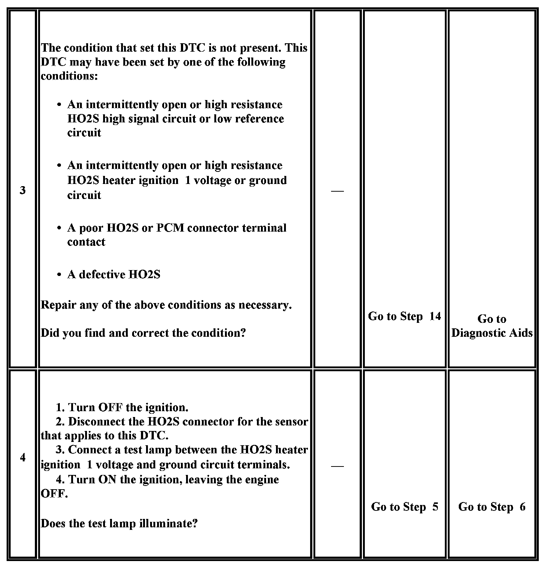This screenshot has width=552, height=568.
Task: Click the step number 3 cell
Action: coord(23,190)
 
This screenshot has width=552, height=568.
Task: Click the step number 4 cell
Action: coord(23,457)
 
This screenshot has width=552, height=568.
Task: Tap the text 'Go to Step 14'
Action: coord(404,316)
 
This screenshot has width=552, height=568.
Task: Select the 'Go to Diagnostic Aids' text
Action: coord(492,326)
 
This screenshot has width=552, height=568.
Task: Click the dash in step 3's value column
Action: coord(337,191)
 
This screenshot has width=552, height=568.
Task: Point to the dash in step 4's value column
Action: coord(337,466)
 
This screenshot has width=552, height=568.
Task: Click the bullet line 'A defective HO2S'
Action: coord(114,274)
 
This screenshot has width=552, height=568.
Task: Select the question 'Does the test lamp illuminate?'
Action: coord(119,523)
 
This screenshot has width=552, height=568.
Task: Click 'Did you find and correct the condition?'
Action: coord(143,333)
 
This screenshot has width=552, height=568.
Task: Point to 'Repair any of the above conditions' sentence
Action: coord(166,305)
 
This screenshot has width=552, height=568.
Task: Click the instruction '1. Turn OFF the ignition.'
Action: coord(122,407)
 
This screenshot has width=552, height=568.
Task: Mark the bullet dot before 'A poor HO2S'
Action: coord(59,228)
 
